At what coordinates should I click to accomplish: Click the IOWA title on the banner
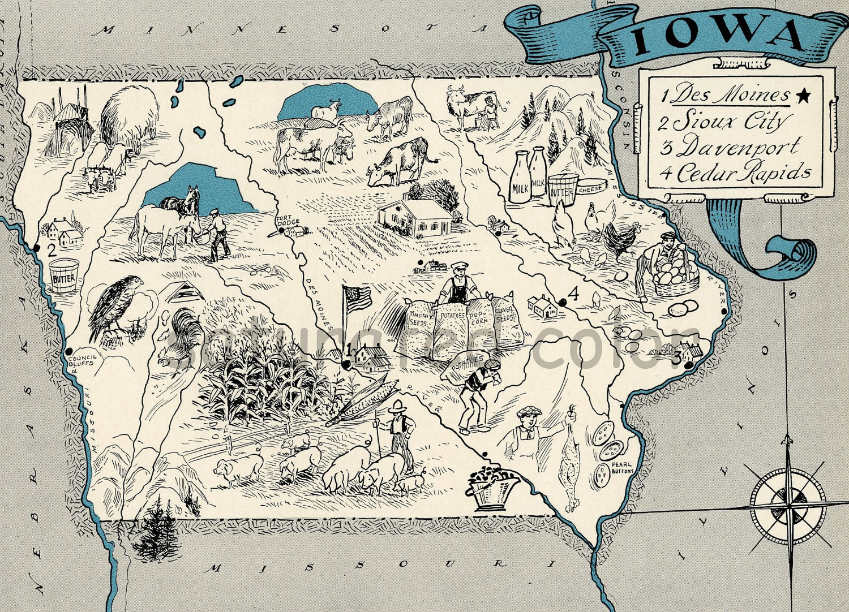[716, 38]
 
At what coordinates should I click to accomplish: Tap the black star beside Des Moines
[802, 96]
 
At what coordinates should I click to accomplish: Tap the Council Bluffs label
[82, 360]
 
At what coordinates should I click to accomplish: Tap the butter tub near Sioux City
[63, 275]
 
